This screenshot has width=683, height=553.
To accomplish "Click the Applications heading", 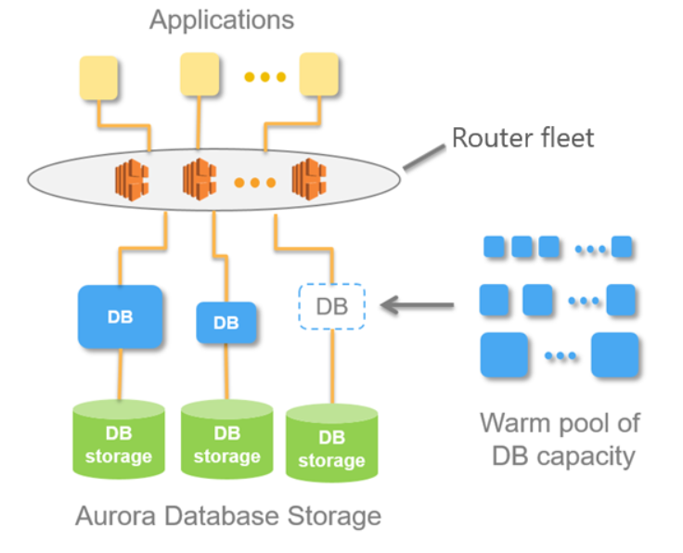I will [222, 19].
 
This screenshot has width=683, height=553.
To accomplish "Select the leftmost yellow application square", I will [98, 78].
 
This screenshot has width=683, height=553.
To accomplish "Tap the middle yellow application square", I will [200, 74].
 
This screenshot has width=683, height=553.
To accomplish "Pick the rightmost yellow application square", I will [318, 74].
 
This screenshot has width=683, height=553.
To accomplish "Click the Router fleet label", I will [522, 138].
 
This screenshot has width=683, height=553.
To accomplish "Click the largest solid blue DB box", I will [120, 316].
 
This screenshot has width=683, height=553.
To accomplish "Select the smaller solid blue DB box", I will [226, 323].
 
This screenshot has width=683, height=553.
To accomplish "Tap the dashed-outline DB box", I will [332, 306].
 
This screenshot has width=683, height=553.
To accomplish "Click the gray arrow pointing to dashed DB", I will [419, 304].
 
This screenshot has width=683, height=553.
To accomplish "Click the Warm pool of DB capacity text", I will [560, 439].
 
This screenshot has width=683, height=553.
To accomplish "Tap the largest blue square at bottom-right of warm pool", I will [615, 356].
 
